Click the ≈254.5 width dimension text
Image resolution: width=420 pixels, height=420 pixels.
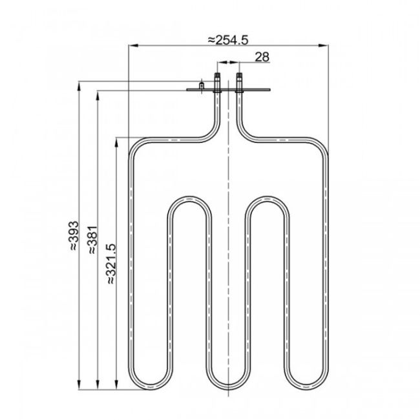[x=227, y=39]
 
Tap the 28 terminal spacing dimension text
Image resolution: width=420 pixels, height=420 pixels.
[x=262, y=57]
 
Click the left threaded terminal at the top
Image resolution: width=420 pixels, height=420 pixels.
[x=216, y=83]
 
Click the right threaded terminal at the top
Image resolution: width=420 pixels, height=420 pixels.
[x=240, y=83]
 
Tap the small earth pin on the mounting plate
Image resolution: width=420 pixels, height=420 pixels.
[x=202, y=85]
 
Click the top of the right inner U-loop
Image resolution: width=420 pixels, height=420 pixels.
[x=267, y=198]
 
